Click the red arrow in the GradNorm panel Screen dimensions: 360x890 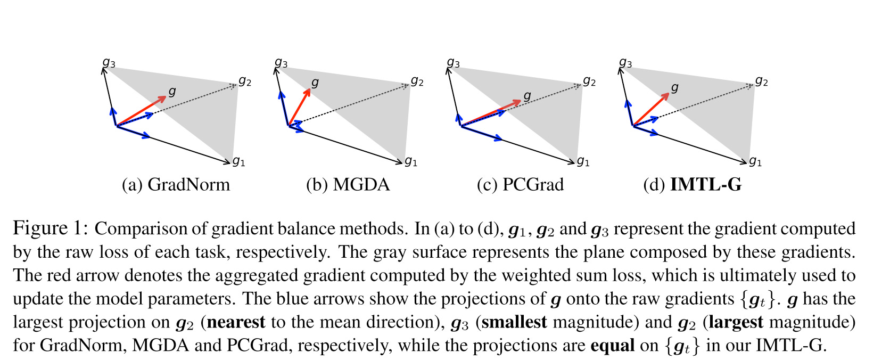(142, 111)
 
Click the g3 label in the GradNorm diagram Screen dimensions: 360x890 (109, 63)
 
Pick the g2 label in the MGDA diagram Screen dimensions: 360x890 (417, 81)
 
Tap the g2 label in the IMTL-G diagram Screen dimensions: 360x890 (761, 81)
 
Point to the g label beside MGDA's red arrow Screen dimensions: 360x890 (315, 83)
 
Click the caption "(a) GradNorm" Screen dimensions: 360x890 (176, 185)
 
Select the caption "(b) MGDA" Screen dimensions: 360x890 (348, 185)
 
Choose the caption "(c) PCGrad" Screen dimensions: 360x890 (520, 185)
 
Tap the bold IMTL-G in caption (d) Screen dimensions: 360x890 (705, 185)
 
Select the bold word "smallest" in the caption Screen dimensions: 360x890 (514, 322)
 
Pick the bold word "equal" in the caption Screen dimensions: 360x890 (612, 346)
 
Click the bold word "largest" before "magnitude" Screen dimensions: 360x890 (736, 322)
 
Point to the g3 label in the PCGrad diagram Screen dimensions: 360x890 (453, 63)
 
